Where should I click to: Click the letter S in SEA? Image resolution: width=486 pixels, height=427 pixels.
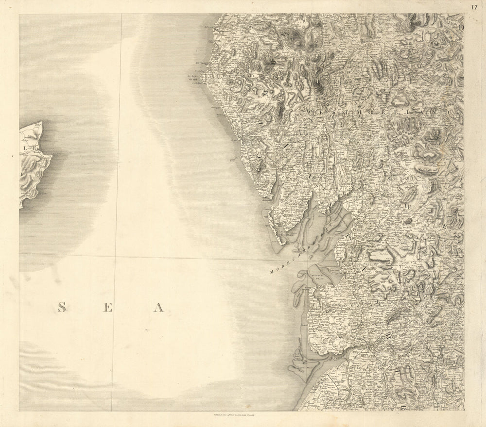(x=62, y=307)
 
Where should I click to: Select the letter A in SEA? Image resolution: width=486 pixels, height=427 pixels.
(x=158, y=307)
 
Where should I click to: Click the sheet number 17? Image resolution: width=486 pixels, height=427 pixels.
(x=474, y=6)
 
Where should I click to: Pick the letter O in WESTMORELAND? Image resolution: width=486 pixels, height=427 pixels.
(x=368, y=112)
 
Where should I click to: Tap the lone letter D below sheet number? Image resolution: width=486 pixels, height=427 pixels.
(x=461, y=28)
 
